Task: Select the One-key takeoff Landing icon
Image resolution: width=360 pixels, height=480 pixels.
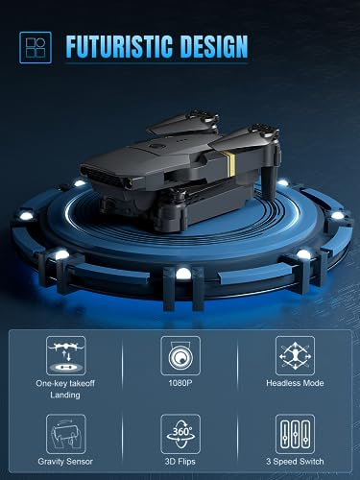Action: [64, 353]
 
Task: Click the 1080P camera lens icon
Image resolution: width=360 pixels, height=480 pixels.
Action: [180, 353]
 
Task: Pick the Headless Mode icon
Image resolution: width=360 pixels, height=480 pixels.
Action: [295, 353]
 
